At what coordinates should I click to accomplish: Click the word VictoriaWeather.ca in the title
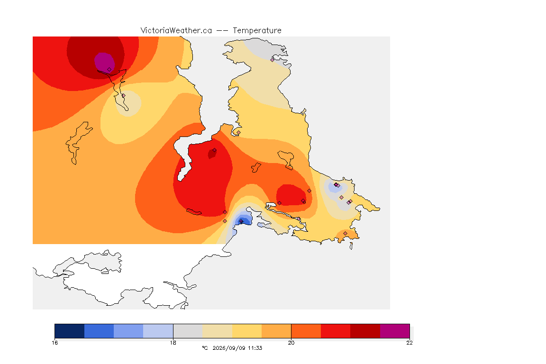pos(176,31)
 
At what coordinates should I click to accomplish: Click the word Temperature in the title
pos(257,31)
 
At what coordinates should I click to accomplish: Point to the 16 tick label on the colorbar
pos(55,343)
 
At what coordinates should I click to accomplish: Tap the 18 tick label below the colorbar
pos(173,343)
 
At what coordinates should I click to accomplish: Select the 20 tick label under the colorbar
pos(291,343)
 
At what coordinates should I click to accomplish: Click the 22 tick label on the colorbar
pos(409,343)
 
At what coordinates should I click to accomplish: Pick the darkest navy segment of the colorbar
pos(70,331)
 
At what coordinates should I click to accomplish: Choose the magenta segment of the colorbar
pos(394,331)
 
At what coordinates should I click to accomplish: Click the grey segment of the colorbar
pos(188,331)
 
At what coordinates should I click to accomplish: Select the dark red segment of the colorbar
pos(365,331)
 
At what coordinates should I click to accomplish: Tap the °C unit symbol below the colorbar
pos(205,348)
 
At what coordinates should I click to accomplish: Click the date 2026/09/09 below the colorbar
pos(229,348)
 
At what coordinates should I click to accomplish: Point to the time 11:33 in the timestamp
pos(255,348)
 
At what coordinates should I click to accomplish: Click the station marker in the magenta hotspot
pos(109,70)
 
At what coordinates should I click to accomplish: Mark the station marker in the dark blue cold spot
pos(241,221)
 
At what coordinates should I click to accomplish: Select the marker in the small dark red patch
pos(215,150)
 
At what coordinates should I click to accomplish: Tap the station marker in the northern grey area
pos(273,60)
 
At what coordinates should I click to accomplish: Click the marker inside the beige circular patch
pos(123,95)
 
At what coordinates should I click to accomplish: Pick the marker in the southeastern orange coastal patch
pos(345,233)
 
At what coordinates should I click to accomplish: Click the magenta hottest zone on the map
pos(104,63)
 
